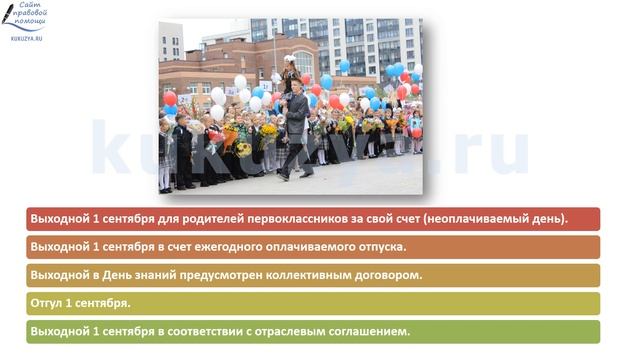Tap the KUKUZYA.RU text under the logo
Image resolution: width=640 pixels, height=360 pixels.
click(x=26, y=38)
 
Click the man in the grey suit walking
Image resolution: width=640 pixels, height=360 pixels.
click(x=295, y=130)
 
